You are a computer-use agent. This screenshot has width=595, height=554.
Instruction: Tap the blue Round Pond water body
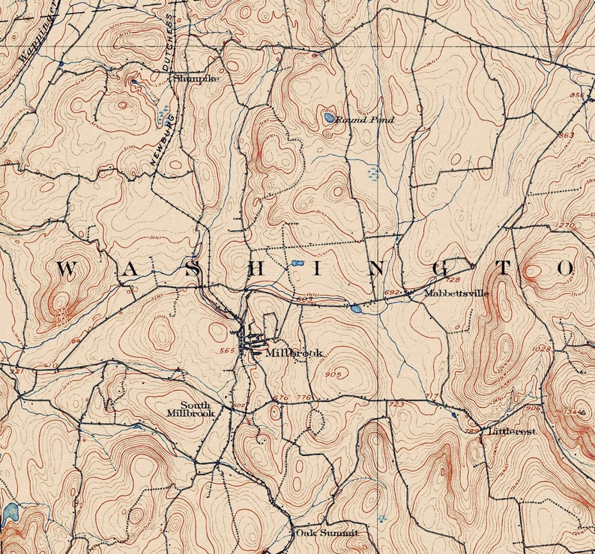click(329, 117)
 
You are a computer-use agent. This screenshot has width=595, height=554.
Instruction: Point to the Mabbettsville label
click(456, 293)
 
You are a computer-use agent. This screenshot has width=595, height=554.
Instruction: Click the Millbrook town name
click(284, 352)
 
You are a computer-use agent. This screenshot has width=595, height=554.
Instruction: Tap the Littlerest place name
click(513, 432)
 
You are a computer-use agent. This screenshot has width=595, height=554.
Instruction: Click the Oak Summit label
click(326, 533)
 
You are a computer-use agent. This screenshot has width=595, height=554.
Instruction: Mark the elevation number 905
click(334, 374)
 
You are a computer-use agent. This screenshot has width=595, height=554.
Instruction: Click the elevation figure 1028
click(540, 349)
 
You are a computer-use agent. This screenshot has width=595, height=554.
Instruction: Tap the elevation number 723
click(396, 404)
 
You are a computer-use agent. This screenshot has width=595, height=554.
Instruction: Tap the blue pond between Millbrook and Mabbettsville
click(355, 308)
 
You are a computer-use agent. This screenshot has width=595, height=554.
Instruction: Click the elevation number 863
click(567, 134)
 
